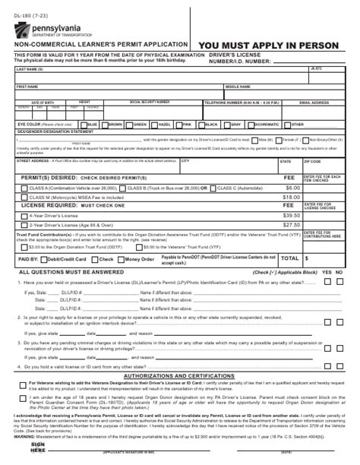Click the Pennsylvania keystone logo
pos(20,30)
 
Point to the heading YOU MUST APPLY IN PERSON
pos(269,46)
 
